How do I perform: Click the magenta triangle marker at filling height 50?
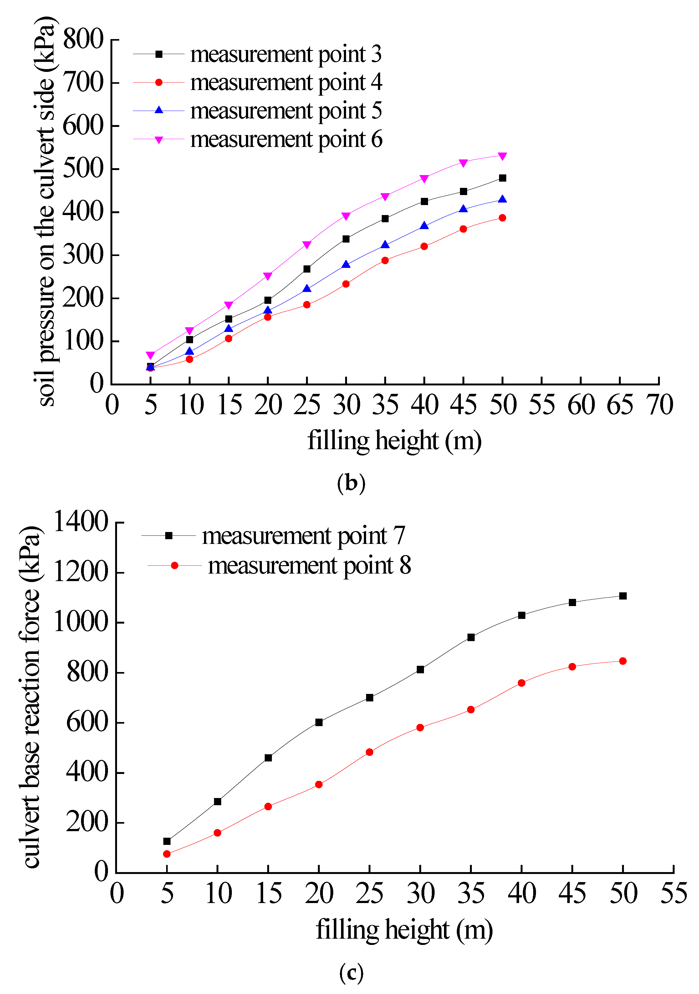[x=502, y=156]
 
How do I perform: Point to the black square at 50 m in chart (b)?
[x=502, y=178]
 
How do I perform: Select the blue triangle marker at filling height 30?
[x=346, y=264]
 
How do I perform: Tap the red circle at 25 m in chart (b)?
[x=307, y=305]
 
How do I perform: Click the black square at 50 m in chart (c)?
[x=623, y=596]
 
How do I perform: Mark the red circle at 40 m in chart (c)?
[x=521, y=683]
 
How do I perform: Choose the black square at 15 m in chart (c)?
[x=268, y=758]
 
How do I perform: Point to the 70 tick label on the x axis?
[x=659, y=405]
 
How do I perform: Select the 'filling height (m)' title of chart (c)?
[x=404, y=930]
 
